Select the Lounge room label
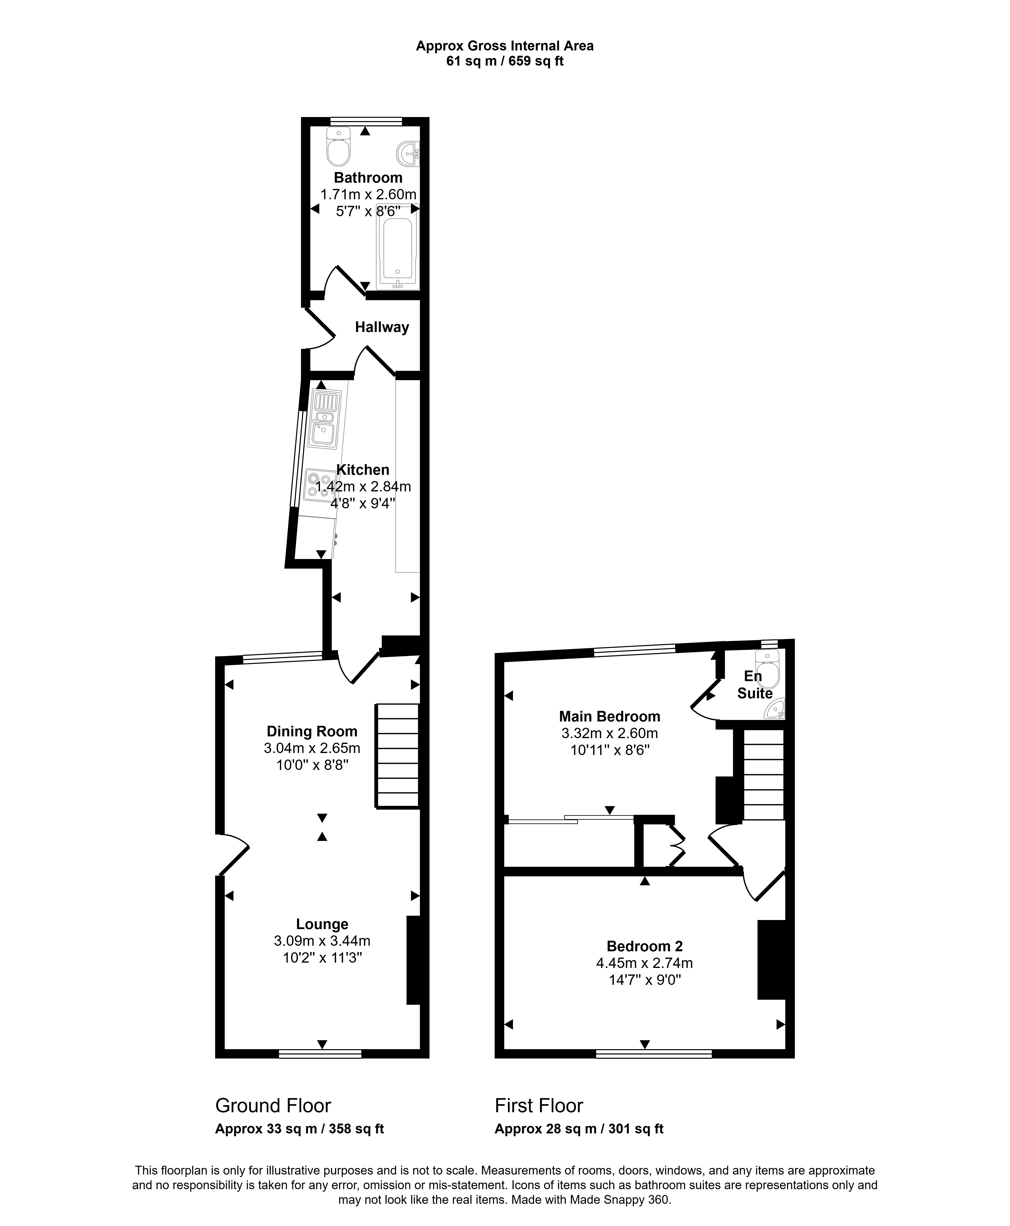coord(322,924)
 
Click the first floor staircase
coord(763,775)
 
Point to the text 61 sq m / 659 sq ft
coord(505,61)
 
